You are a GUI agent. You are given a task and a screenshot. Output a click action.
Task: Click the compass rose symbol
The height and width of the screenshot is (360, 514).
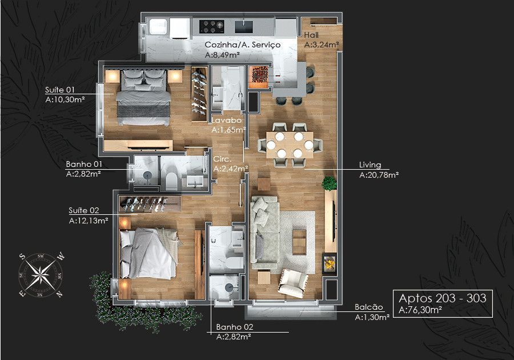click(x=41, y=275)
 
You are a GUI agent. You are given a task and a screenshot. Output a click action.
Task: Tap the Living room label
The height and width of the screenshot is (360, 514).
click(x=370, y=165)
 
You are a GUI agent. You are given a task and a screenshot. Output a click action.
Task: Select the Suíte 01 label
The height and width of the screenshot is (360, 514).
click(x=60, y=90)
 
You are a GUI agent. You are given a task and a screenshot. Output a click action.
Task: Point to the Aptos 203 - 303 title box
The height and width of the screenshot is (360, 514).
click(x=443, y=303)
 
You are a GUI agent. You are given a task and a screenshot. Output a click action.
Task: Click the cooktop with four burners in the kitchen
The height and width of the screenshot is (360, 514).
click(x=212, y=26)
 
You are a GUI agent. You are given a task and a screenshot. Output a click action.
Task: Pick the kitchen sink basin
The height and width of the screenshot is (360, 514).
click(x=244, y=27)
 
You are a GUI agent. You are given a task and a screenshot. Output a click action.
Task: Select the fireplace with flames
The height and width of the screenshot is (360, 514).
click(x=330, y=263)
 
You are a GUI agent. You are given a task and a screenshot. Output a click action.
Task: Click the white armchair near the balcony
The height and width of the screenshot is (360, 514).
click(x=293, y=283)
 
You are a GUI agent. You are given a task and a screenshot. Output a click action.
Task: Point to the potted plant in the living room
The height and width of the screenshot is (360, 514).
click(x=329, y=183)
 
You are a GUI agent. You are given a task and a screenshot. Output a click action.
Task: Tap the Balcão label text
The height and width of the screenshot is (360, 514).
click(x=369, y=307)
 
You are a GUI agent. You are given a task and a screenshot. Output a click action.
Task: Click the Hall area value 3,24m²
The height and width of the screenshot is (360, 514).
click(x=321, y=45)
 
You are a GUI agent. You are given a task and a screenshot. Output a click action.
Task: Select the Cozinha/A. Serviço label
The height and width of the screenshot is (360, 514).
click(x=243, y=45)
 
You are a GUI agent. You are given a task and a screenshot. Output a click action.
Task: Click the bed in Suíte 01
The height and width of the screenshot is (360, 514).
click(x=143, y=97)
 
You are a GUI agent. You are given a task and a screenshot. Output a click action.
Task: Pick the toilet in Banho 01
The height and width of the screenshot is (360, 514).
click(x=171, y=181)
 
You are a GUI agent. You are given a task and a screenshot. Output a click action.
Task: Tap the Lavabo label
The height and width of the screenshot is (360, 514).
click(x=226, y=120)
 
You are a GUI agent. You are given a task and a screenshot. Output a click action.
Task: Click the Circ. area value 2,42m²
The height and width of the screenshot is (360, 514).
click(x=231, y=169)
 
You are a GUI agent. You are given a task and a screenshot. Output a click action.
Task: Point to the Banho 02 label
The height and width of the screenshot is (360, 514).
click(x=235, y=327)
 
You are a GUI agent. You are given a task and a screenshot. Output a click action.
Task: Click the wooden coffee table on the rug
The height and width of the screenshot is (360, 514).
click(x=299, y=242)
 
